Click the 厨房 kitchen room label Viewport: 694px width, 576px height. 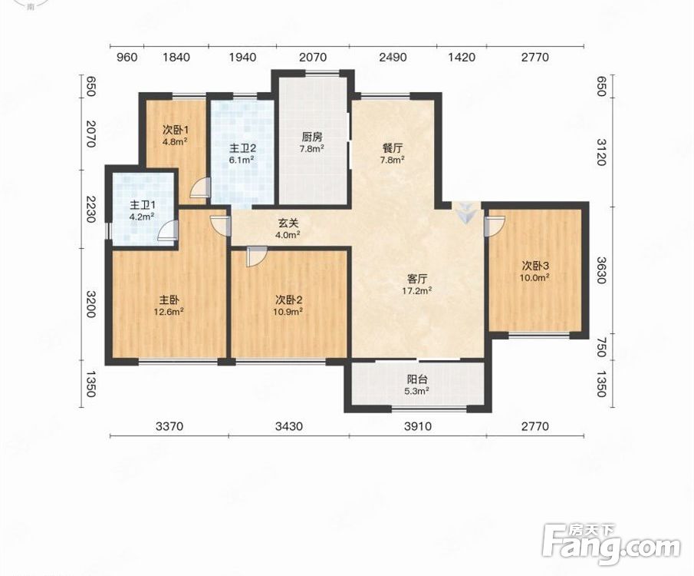tap(312, 137)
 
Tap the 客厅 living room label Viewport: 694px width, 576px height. tap(417, 279)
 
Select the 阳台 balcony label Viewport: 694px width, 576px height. tap(417, 379)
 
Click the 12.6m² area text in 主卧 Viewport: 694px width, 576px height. tap(169, 312)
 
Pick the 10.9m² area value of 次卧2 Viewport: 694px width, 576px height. tap(288, 312)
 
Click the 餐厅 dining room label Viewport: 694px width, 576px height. tap(393, 148)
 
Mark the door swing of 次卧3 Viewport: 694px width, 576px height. tap(495, 226)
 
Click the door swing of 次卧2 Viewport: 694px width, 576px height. tap(256, 257)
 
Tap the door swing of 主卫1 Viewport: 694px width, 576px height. tap(168, 230)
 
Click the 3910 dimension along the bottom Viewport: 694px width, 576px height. tap(418, 426)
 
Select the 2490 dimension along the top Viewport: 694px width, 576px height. tap(393, 57)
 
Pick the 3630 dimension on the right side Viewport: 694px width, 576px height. tap(600, 270)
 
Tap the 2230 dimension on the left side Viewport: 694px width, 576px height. tap(90, 209)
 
